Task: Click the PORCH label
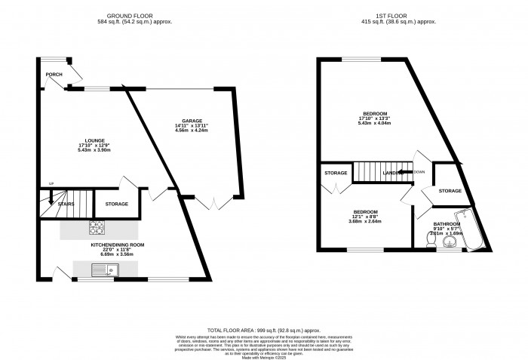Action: [54, 75]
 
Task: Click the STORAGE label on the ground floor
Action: [116, 205]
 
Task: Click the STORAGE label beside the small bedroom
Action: [336, 174]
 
